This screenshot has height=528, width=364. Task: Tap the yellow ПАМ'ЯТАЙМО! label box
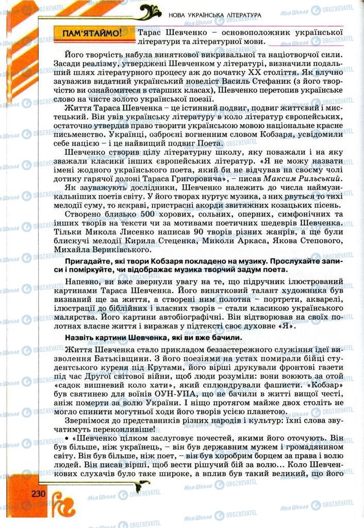(92, 35)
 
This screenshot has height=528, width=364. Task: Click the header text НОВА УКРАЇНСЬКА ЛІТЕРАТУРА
(214, 16)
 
